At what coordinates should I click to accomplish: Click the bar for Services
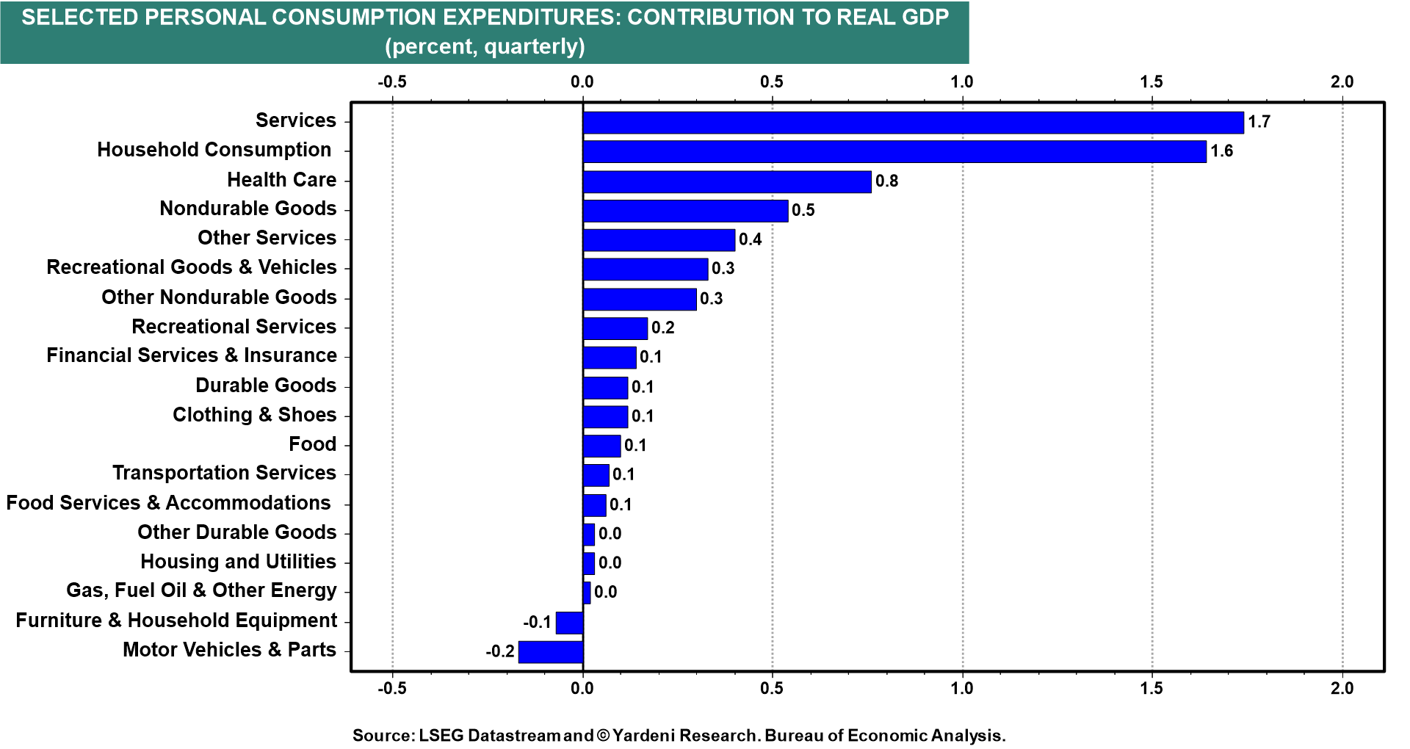tap(913, 123)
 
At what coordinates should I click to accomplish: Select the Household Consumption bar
tap(894, 152)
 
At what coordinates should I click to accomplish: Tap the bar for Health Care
tap(726, 181)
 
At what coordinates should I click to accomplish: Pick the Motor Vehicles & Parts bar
tap(551, 652)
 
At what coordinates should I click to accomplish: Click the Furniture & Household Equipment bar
tap(570, 623)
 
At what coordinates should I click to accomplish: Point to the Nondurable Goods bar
tap(685, 211)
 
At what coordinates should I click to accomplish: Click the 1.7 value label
tap(1259, 123)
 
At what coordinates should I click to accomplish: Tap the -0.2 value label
tap(500, 652)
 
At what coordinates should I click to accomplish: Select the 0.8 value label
tap(886, 181)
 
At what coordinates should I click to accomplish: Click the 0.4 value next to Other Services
tap(750, 240)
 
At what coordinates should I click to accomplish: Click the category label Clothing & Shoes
tap(254, 415)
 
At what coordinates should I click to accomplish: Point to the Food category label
tap(312, 444)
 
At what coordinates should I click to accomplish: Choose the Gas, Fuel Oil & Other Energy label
tap(201, 591)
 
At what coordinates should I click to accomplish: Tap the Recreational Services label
tap(234, 327)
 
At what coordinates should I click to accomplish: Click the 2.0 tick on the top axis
tap(1342, 82)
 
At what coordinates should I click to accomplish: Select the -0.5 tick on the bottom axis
tap(391, 689)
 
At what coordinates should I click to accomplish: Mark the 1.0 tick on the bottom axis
tap(962, 689)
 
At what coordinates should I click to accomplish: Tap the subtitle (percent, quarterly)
tap(485, 46)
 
